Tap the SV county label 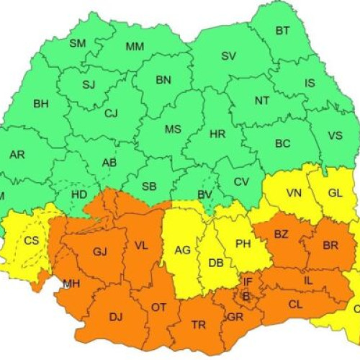coord(228,56)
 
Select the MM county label coord(135,47)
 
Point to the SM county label coord(77,43)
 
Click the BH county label coord(41,104)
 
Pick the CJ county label coord(111,113)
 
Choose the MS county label coord(173,130)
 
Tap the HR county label coord(217,135)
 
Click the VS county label coord(336,135)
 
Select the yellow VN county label coord(294,192)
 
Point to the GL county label coord(336,192)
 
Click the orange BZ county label coord(281,235)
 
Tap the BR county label coord(330,246)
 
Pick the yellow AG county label coord(183,251)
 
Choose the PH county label coord(243,244)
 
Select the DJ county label coord(116,315)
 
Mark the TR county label coord(199,325)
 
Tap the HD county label coord(80,194)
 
